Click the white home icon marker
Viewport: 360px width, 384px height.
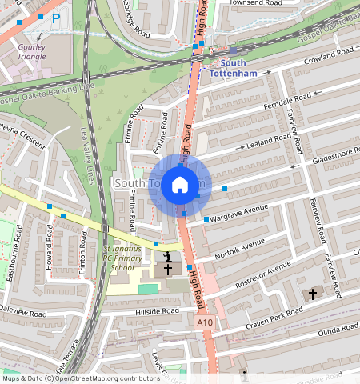(180, 185)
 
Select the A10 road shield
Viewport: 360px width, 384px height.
(205, 322)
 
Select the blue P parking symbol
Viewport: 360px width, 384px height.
(56, 18)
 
